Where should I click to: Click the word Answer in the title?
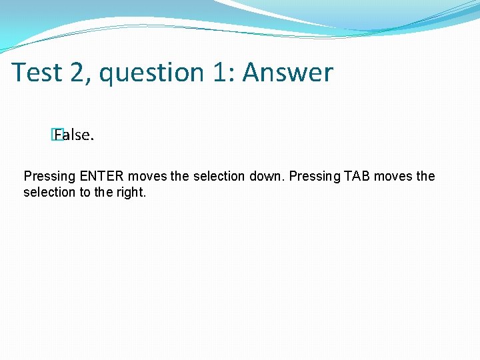[287, 73]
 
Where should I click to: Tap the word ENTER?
[102, 177]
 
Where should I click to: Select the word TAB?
[357, 177]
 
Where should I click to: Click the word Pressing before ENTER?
[50, 177]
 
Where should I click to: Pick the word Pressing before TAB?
[314, 177]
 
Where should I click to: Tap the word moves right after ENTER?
[147, 177]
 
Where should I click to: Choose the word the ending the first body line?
[425, 177]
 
